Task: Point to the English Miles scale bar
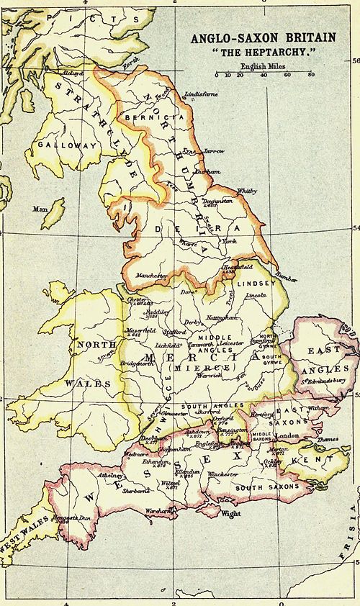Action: point(264,74)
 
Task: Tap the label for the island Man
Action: point(40,209)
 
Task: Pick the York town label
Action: point(230,242)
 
